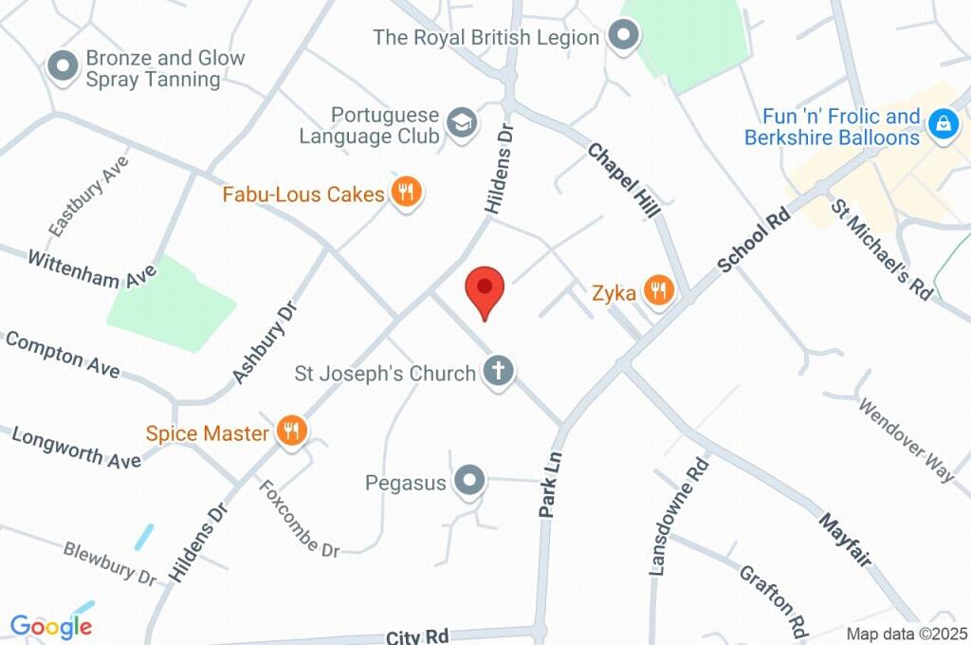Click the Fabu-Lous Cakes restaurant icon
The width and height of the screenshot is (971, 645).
coord(407,193)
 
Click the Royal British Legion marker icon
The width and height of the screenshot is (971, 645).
coord(623,37)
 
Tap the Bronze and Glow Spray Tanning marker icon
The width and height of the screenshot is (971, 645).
coord(64,67)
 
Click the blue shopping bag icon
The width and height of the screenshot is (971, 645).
coord(943,123)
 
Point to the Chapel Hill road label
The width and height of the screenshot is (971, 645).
coord(623,180)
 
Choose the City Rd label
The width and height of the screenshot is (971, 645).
coord(416,636)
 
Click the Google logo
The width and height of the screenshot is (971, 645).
coord(51,626)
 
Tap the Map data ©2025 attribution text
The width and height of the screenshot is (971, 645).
coord(907,634)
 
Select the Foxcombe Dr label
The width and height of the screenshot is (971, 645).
coord(300,519)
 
